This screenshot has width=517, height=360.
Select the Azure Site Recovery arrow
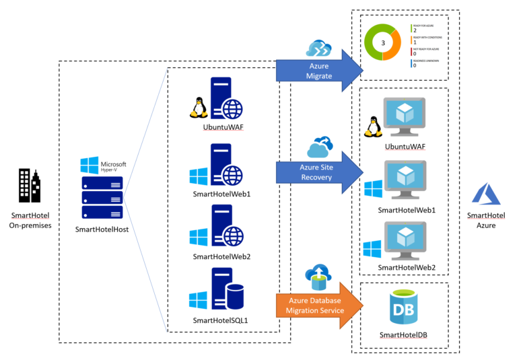coord(316,172)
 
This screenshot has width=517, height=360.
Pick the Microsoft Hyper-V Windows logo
coord(89,166)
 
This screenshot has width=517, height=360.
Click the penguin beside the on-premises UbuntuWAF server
coord(197,107)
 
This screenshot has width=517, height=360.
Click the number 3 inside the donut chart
coord(382,42)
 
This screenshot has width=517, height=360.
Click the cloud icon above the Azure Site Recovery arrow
coord(320,147)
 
